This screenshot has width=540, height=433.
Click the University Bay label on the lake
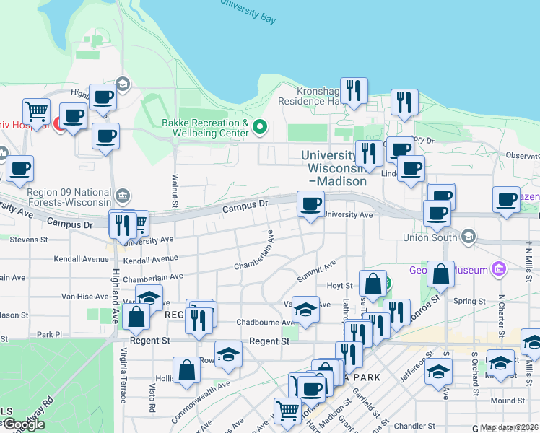point(248,13)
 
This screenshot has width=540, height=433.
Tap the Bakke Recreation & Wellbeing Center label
point(205,128)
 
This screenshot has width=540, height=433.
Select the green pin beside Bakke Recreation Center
point(261,129)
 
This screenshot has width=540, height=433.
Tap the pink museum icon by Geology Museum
point(498,269)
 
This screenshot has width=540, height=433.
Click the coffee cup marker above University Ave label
point(311,204)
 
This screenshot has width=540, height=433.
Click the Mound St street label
point(508,401)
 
